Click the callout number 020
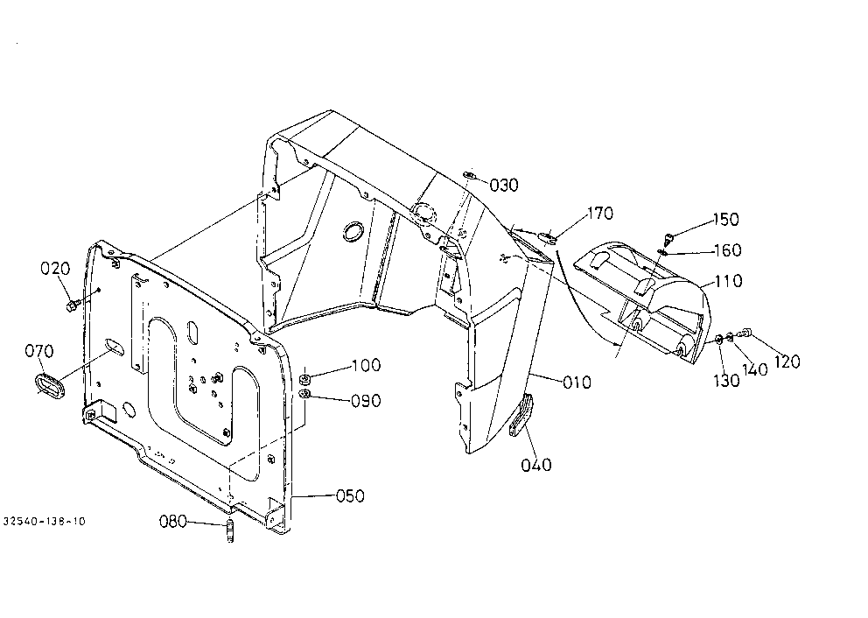(55, 269)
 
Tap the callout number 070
(39, 351)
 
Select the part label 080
(173, 522)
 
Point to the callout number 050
(350, 495)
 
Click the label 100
(367, 366)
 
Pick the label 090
(366, 401)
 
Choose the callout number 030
(504, 186)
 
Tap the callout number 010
(577, 383)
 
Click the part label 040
(536, 465)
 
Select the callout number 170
(600, 214)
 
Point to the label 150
(725, 220)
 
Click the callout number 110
(728, 281)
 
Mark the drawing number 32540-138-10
(45, 522)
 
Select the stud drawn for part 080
(231, 532)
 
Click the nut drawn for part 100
(304, 380)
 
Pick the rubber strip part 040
(522, 415)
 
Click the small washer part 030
(469, 176)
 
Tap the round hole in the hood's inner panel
(353, 231)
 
